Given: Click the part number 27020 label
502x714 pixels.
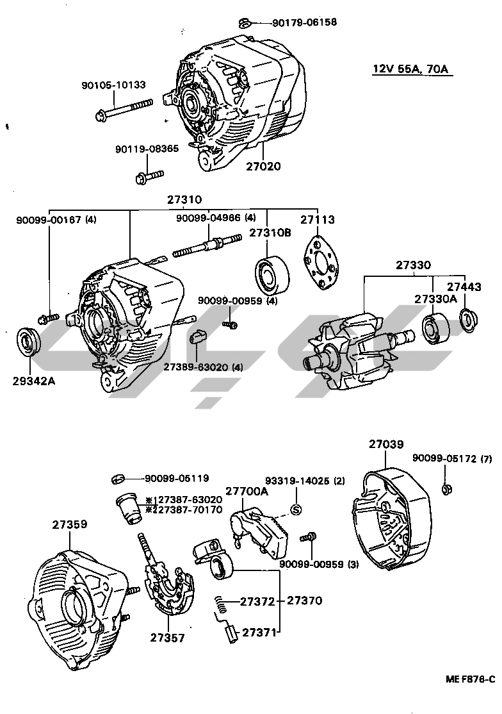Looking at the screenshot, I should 263,165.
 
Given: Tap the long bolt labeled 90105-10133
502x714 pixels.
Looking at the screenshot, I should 125,110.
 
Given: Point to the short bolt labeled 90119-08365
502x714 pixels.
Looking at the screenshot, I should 149,176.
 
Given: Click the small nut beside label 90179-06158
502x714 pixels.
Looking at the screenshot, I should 243,24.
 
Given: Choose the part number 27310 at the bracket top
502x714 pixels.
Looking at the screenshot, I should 185,199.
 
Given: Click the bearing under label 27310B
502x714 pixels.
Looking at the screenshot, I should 271,272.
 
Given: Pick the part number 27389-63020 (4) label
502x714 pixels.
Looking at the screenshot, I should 203,367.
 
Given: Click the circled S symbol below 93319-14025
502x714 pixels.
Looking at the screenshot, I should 296,510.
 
